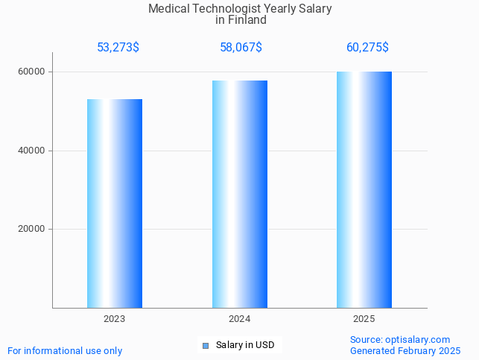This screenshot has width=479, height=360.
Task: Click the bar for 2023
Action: pyautogui.click(x=115, y=203)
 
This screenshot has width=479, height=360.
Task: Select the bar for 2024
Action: pyautogui.click(x=240, y=194)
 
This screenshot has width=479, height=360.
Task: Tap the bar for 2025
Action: pyautogui.click(x=364, y=189)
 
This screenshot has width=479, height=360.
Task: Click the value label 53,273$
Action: pyautogui.click(x=118, y=48)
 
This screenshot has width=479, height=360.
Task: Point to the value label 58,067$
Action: pyautogui.click(x=241, y=48)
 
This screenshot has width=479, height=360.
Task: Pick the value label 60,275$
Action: pyautogui.click(x=367, y=48)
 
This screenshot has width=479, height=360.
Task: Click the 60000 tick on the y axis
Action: pyautogui.click(x=32, y=72)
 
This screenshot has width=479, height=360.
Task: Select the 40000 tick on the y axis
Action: pyautogui.click(x=32, y=151)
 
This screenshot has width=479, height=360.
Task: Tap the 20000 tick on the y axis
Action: pyautogui.click(x=32, y=230)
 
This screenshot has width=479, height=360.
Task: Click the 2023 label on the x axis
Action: pyautogui.click(x=115, y=318)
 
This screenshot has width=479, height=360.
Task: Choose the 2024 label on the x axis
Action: pyautogui.click(x=240, y=318)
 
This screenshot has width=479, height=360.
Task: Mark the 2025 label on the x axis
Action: pyautogui.click(x=364, y=318)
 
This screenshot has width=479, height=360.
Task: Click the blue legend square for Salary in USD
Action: pyautogui.click(x=206, y=345)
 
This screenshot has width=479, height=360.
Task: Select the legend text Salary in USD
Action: pyautogui.click(x=245, y=345)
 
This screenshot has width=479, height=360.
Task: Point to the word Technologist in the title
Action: pyautogui.click(x=229, y=9)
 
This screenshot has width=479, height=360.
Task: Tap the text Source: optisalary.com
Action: pyautogui.click(x=400, y=340)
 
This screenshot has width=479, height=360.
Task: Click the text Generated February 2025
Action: pyautogui.click(x=405, y=351)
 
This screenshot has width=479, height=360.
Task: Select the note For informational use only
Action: pyautogui.click(x=65, y=351)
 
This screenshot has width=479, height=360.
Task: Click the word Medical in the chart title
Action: pyautogui.click(x=169, y=9)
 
